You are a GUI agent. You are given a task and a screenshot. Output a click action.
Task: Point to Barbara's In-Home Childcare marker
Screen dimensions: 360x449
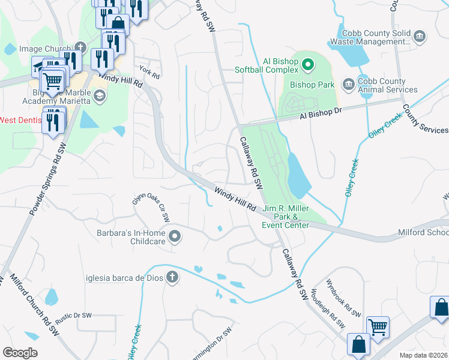[x=175, y=236]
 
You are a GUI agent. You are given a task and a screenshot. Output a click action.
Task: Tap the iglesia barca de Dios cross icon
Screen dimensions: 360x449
[x=172, y=277]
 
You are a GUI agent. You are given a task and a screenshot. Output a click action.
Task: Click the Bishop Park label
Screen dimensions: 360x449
[x=312, y=85]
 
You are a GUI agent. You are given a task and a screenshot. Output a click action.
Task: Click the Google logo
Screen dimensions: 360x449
[x=20, y=353]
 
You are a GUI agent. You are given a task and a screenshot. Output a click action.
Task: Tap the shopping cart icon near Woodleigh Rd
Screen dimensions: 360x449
[x=378, y=327]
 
